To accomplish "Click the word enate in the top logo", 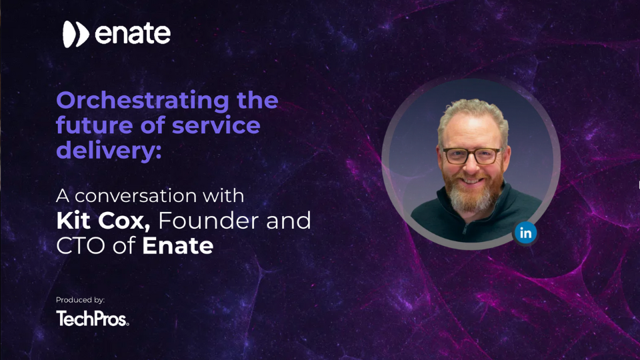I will [x=133, y=35].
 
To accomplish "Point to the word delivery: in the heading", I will [x=109, y=149].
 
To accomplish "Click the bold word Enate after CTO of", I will [x=178, y=245].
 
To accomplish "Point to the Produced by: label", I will [x=80, y=300].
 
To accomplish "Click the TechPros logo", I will [x=92, y=319].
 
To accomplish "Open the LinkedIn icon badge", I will [x=525, y=233].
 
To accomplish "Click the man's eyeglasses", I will [x=471, y=156].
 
